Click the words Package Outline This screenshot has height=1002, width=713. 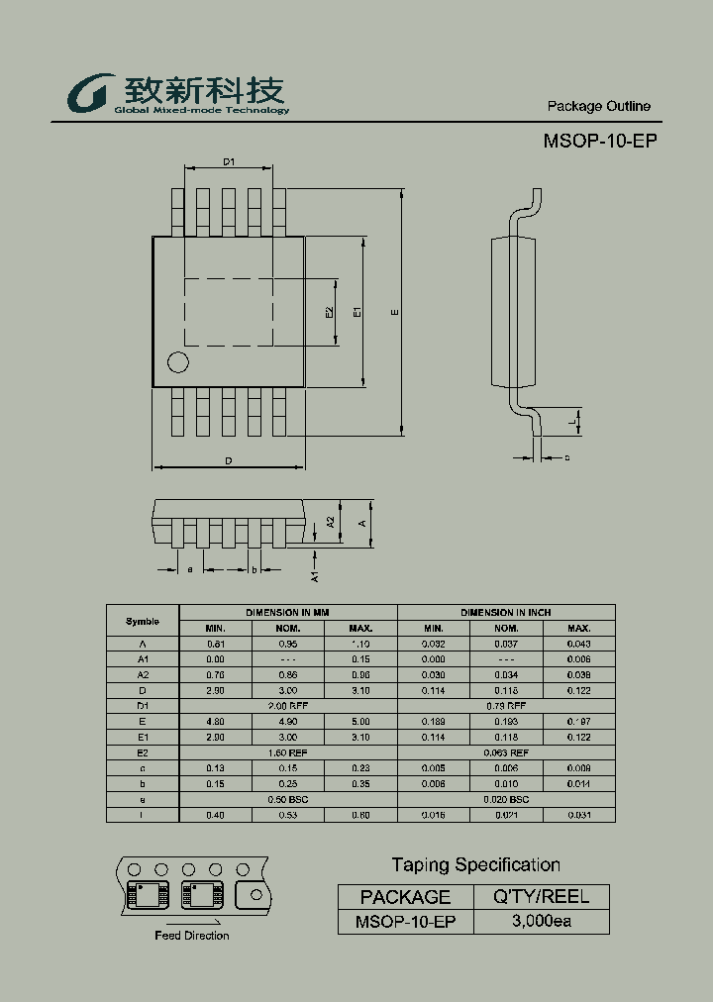click(x=598, y=107)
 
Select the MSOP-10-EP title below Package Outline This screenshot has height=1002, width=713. click(x=599, y=141)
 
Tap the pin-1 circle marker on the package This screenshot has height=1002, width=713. click(x=177, y=362)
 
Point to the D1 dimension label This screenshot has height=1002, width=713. click(x=228, y=161)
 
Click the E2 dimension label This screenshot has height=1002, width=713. click(x=330, y=312)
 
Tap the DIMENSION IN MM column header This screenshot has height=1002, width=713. click(x=287, y=613)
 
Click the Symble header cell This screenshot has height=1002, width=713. click(x=143, y=621)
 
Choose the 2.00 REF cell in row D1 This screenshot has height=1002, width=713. click(x=287, y=706)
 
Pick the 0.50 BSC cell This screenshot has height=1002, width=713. click(x=287, y=799)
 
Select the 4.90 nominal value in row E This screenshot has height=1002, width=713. click(x=287, y=722)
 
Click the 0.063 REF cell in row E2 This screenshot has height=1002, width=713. click(x=506, y=752)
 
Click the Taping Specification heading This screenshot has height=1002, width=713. click(x=475, y=865)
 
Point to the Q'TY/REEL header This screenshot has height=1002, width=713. click(x=541, y=897)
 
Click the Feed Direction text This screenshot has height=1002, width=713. click(x=191, y=936)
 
